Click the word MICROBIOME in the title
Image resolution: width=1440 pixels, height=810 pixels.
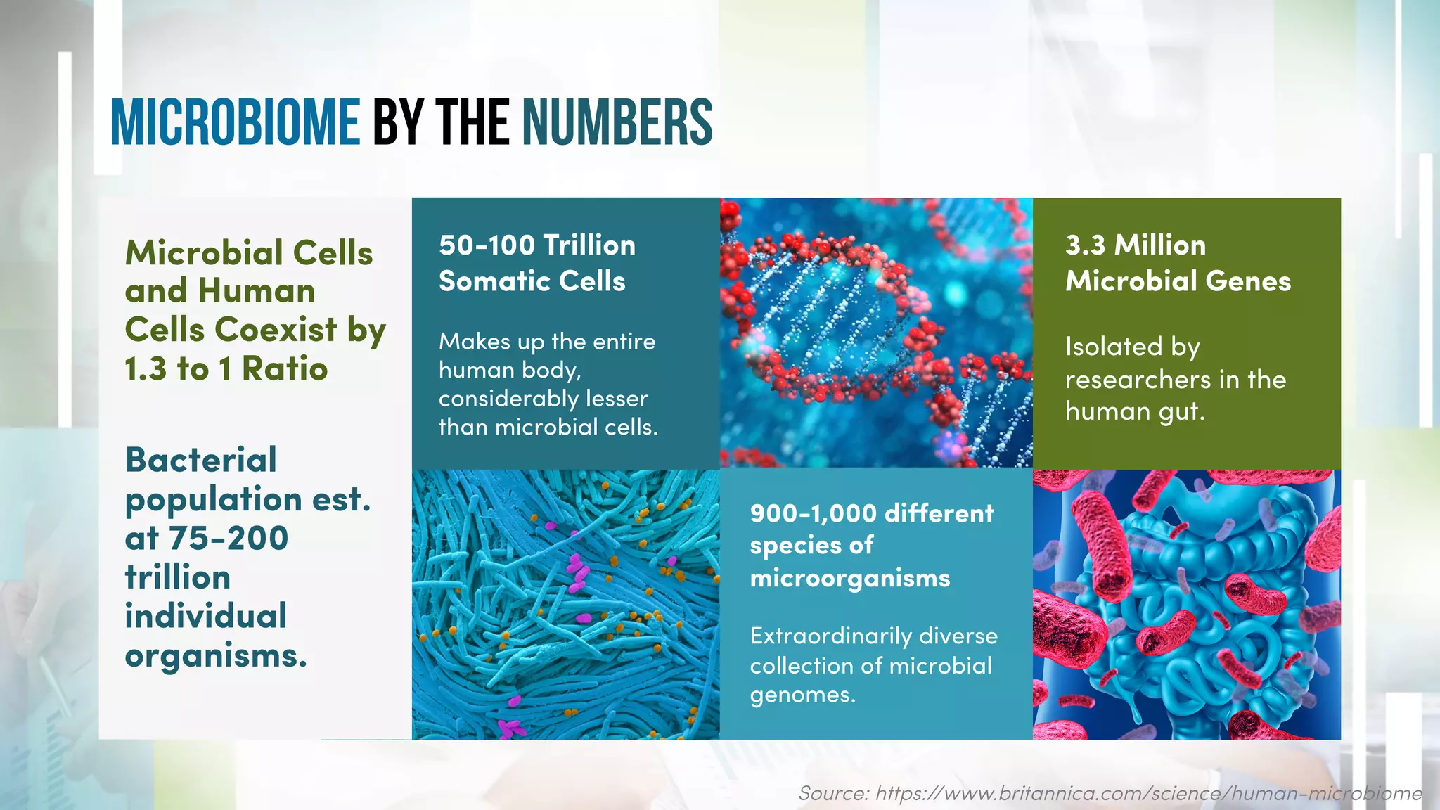236,123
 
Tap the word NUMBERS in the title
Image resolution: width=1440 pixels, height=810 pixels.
617,123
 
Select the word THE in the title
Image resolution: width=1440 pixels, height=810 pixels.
472,123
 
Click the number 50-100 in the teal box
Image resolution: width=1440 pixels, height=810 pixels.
487,245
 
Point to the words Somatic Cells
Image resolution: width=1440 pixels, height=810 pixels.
532,281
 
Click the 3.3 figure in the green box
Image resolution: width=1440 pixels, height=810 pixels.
1085,245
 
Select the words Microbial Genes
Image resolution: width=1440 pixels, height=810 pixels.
1178,281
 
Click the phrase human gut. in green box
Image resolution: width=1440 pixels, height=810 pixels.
1134,411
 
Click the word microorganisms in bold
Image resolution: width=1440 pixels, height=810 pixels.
849,579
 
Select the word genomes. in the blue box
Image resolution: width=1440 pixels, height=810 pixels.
802,695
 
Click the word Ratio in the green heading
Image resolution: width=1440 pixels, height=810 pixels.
285,369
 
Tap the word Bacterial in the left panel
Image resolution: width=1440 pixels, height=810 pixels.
201,461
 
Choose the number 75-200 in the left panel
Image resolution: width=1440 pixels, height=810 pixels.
229,539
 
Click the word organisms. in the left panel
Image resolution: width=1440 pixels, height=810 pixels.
216,656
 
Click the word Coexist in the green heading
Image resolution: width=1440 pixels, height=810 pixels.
276,330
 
